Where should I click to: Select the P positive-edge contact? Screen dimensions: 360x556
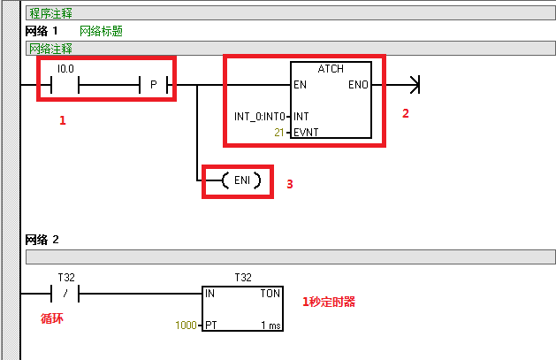[154, 85]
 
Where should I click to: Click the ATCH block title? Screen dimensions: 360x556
[330, 68]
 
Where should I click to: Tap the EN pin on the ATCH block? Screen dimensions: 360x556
[300, 86]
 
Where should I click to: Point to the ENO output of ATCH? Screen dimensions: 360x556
[359, 86]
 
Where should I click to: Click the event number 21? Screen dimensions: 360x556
[280, 132]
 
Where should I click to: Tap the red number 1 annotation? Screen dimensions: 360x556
[63, 121]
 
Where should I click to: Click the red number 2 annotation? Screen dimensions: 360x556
[406, 113]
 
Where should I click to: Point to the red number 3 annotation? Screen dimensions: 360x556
[289, 184]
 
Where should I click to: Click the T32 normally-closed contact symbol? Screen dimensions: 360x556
[66, 293]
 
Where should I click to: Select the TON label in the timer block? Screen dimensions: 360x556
[271, 293]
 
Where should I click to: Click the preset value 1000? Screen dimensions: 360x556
[187, 326]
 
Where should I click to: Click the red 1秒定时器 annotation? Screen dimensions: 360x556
[329, 302]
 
